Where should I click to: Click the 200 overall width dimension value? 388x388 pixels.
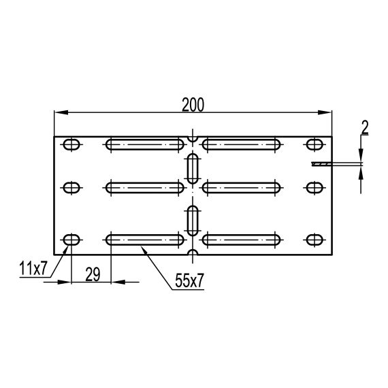(193, 105)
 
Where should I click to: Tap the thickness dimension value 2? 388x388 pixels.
(365, 127)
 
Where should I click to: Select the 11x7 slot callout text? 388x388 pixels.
(33, 268)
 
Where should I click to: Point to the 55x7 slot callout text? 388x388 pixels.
(189, 280)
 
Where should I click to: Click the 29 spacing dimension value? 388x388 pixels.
(93, 274)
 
